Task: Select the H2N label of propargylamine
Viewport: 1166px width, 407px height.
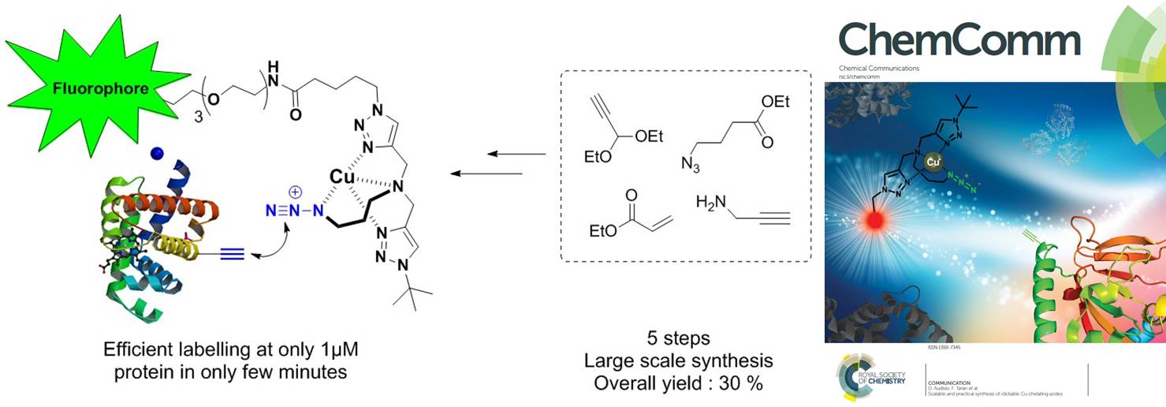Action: [710, 203]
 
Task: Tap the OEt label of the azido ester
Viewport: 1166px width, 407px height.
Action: [775, 103]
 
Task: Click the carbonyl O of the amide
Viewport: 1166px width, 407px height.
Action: [296, 114]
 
